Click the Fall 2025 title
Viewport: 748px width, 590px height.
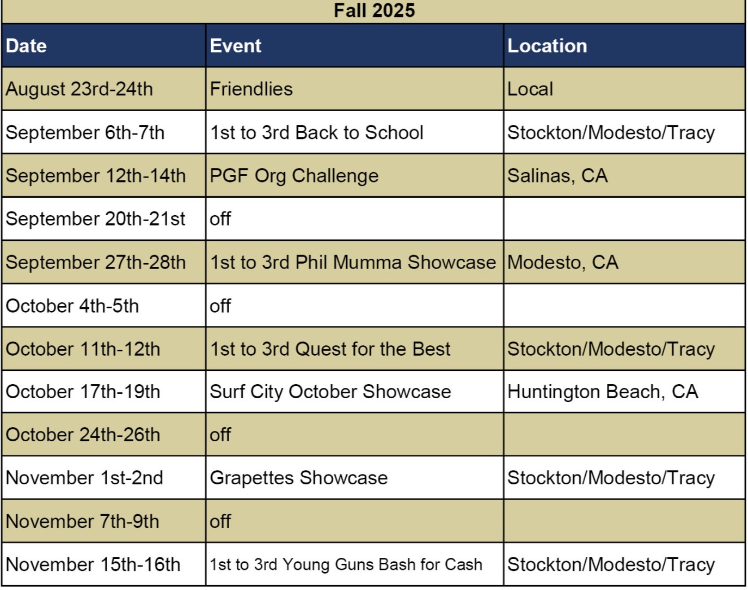[374, 10]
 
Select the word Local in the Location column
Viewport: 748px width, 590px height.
[530, 89]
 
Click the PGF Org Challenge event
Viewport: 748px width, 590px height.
[294, 175]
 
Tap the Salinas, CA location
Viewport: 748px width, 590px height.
[557, 175]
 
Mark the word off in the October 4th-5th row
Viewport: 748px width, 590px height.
[220, 306]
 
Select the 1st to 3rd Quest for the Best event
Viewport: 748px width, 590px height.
[330, 349]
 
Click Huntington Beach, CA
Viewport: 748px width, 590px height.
[602, 392]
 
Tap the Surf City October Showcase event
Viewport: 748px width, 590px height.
[330, 392]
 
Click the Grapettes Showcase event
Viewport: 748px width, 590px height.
[298, 478]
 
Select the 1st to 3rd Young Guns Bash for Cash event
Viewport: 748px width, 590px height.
[346, 564]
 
